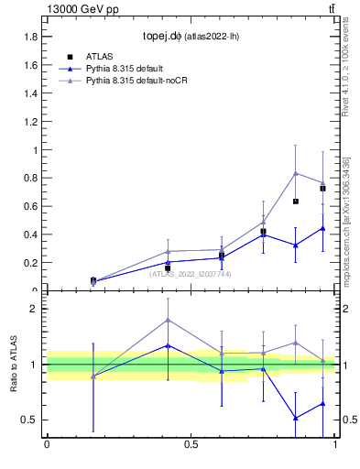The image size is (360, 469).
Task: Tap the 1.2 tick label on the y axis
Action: point(30,122)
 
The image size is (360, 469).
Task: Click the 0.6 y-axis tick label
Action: point(30,207)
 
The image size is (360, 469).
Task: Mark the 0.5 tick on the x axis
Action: point(191,445)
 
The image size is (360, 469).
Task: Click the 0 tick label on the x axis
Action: point(47,445)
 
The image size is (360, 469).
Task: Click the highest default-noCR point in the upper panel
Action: point(295,173)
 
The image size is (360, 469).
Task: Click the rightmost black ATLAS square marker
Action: point(322,189)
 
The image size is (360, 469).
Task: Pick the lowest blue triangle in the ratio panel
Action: point(295,418)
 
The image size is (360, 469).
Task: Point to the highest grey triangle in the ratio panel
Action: point(168,320)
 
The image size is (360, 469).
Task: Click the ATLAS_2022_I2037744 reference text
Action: point(191,273)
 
